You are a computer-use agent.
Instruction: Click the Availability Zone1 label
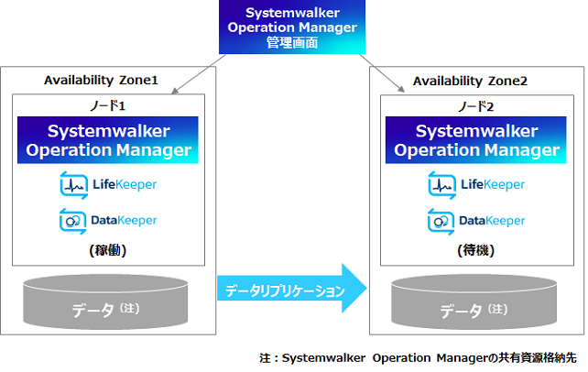tap(101, 81)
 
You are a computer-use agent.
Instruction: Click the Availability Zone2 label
tap(470, 81)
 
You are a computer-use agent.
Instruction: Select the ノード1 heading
tap(108, 105)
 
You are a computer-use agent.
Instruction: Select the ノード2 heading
tap(476, 107)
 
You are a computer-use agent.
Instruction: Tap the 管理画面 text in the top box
tap(292, 42)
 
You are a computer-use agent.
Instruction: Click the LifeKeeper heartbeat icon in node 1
tap(74, 185)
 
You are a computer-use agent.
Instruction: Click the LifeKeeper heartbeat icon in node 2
tap(442, 185)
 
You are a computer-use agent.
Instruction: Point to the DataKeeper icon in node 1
tap(72, 221)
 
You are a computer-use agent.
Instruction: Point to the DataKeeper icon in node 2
tap(441, 222)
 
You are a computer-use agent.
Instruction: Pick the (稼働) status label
tap(108, 250)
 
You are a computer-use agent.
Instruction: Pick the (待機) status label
tap(476, 250)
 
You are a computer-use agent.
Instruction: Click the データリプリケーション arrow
tap(292, 289)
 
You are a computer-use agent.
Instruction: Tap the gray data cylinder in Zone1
tap(105, 302)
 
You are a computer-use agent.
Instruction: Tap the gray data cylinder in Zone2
tap(474, 302)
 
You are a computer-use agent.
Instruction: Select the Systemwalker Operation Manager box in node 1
tap(108, 140)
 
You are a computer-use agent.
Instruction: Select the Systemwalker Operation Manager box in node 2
tap(476, 140)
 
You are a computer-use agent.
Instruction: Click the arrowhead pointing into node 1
tap(174, 91)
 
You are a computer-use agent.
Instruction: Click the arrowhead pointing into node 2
tap(401, 89)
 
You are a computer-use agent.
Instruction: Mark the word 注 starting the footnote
tap(265, 358)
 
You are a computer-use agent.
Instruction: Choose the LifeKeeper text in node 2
tap(493, 184)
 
